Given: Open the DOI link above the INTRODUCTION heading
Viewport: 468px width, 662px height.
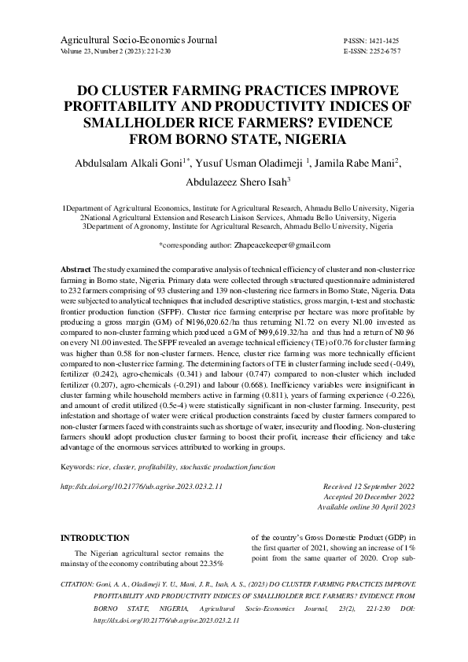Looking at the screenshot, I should point(142,487).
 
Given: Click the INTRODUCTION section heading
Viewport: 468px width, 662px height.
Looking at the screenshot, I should point(95,538).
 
